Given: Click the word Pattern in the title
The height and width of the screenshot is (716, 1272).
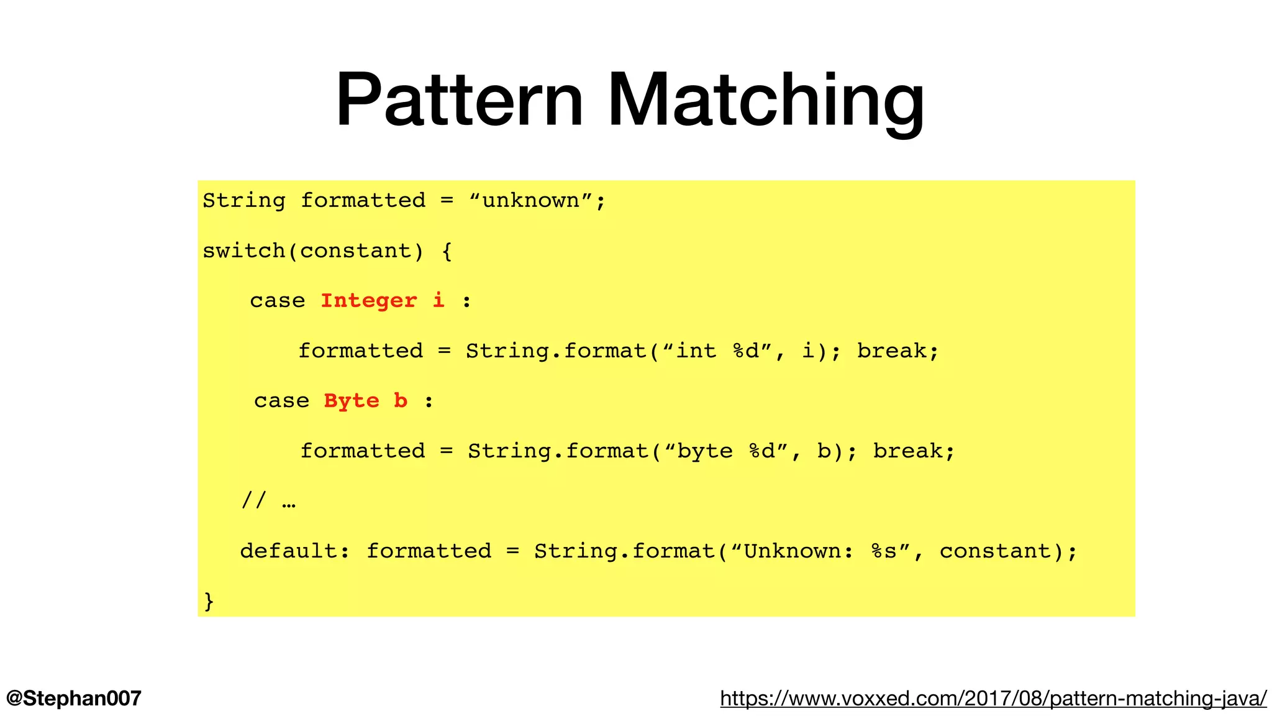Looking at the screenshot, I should click(460, 101).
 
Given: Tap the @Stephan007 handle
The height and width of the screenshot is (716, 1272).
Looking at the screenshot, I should click(73, 698).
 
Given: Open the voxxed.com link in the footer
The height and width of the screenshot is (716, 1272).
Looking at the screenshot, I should click(993, 699).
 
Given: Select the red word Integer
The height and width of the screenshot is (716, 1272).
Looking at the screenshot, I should click(368, 301).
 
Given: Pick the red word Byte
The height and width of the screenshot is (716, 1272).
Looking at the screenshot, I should click(351, 401).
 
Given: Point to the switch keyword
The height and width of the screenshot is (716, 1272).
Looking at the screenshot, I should click(243, 251).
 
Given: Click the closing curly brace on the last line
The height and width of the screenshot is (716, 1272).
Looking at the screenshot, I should click(209, 601).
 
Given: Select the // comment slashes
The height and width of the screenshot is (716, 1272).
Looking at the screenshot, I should click(254, 500).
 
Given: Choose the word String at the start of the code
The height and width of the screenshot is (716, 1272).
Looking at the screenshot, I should click(243, 201).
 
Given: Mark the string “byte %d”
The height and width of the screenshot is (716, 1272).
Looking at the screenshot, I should click(727, 451).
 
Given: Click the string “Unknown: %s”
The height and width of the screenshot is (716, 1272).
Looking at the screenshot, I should click(820, 551).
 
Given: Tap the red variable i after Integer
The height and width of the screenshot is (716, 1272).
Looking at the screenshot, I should click(438, 301).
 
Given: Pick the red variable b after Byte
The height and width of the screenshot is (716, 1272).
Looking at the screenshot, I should click(401, 401).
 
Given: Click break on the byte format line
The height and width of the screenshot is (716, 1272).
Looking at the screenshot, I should click(913, 451).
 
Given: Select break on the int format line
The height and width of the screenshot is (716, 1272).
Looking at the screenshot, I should click(897, 351).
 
